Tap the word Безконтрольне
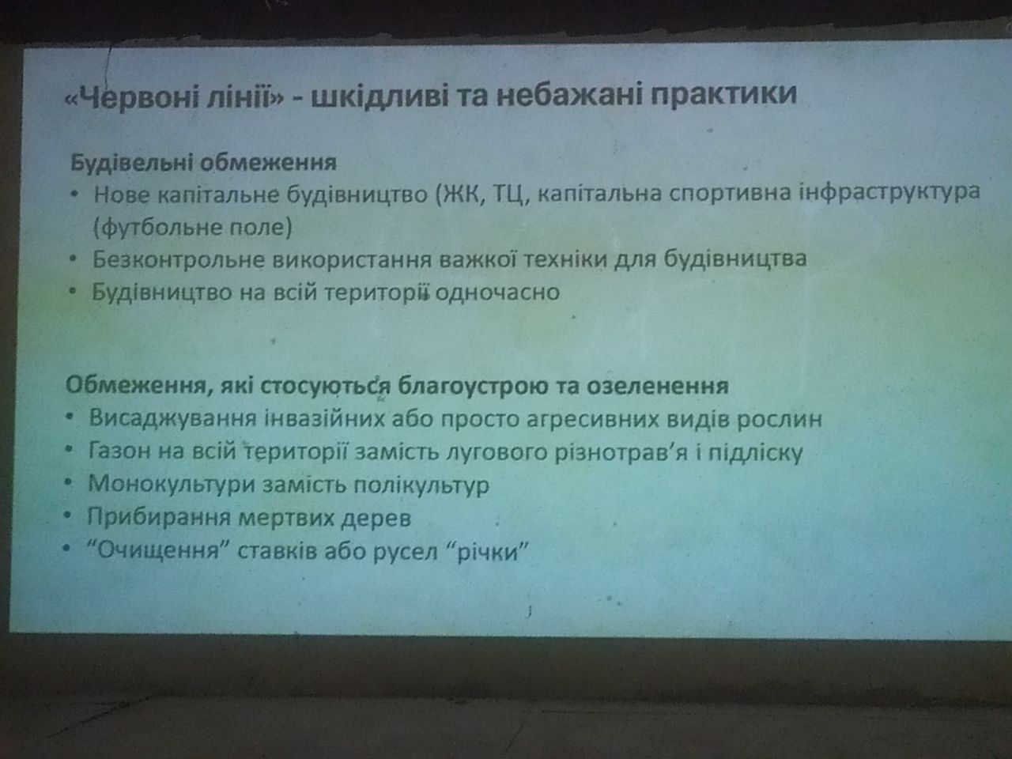pyautogui.click(x=179, y=260)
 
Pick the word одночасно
pyautogui.click(x=497, y=293)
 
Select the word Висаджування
pyautogui.click(x=172, y=419)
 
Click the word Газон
pyautogui.click(x=119, y=451)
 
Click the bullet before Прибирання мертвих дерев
pyautogui.click(x=68, y=515)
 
